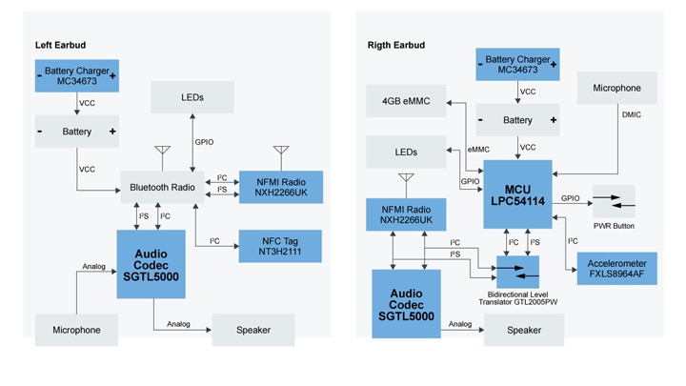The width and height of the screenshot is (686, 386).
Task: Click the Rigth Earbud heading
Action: point(396,45)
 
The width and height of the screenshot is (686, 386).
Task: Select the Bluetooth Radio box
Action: point(162,188)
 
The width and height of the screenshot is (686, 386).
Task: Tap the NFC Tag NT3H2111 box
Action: point(280,247)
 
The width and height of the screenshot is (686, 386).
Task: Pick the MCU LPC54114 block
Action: point(517,194)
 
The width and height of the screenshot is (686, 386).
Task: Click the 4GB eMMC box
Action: point(409,100)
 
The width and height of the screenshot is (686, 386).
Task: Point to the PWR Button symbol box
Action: point(613,201)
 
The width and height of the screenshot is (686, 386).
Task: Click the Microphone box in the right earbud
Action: point(616,89)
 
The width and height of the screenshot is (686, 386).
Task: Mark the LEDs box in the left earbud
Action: point(192,97)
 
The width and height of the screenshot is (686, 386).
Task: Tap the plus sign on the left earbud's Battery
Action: point(112,131)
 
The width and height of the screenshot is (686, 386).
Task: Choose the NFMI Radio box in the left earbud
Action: point(280,186)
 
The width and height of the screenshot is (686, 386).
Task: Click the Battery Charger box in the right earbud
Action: point(517,66)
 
